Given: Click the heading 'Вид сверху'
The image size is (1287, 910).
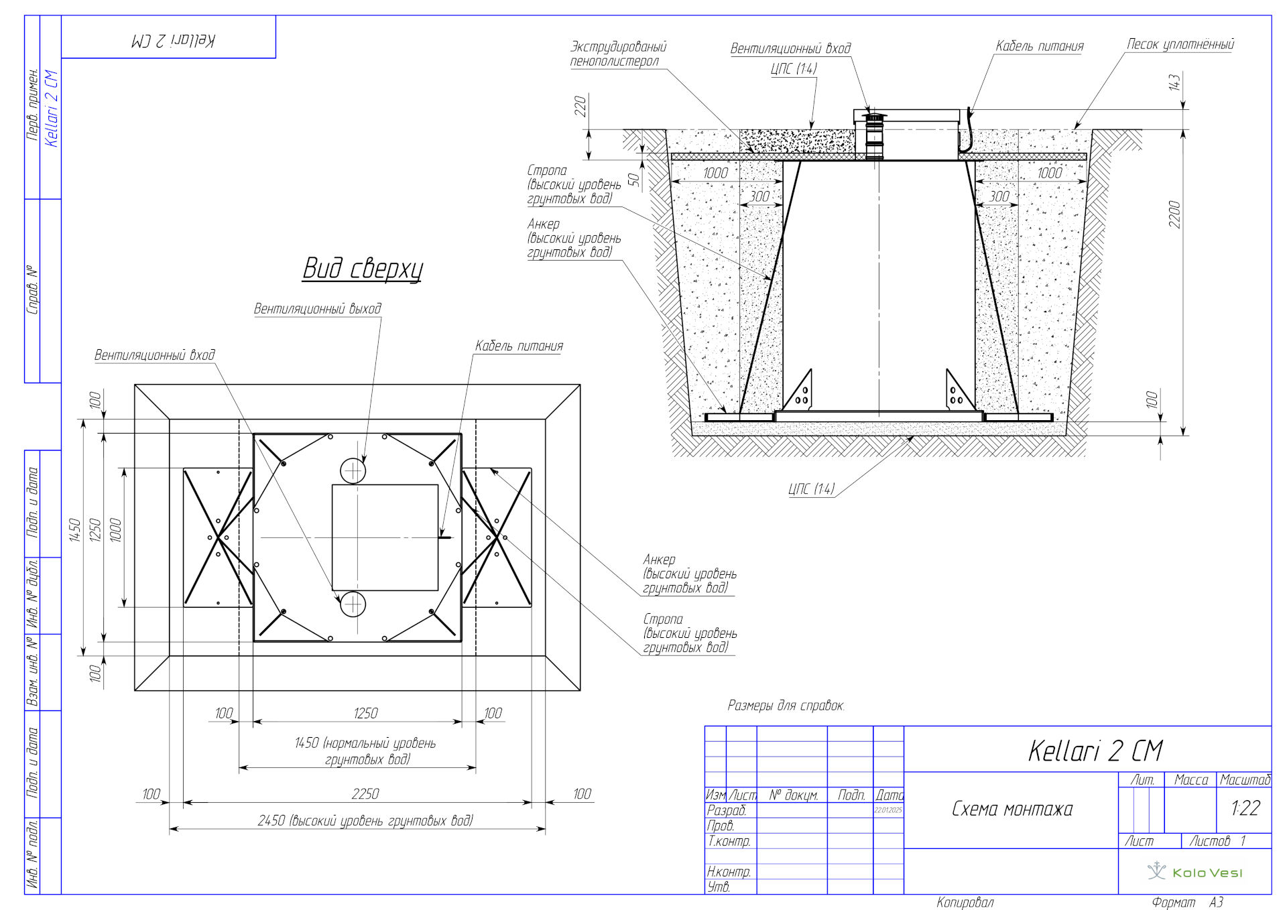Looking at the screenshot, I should (x=363, y=268).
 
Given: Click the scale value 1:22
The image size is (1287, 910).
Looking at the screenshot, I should (x=1245, y=808).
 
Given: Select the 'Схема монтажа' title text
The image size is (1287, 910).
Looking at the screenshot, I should (x=1012, y=809).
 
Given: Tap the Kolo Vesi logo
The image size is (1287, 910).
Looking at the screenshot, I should (x=1195, y=872).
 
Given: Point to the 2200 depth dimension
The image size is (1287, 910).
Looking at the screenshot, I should (x=1174, y=214).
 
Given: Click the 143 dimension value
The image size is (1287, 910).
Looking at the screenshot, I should (x=1174, y=82).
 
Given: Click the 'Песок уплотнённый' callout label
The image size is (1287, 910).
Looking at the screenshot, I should (x=1180, y=44).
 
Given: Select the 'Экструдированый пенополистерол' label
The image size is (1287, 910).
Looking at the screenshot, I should (x=617, y=54).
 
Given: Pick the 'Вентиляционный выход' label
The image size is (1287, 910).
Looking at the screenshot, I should (x=317, y=308).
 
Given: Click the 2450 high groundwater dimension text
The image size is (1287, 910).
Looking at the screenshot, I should (x=365, y=820).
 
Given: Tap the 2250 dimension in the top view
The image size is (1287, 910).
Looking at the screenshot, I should (x=365, y=793).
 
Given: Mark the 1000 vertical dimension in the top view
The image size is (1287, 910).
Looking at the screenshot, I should (x=115, y=530).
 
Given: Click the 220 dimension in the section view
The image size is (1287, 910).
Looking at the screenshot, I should (x=580, y=106).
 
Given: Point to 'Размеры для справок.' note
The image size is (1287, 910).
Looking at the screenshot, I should (x=786, y=706).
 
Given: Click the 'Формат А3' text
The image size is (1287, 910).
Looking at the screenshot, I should (x=1187, y=903).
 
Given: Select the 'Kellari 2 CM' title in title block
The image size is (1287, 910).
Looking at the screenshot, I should (x=1095, y=751).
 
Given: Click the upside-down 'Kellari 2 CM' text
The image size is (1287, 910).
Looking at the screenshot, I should (x=173, y=40).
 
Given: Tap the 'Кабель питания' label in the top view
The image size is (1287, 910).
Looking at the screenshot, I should (x=519, y=346).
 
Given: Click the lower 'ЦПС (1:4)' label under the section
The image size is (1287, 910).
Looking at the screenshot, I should (x=812, y=489).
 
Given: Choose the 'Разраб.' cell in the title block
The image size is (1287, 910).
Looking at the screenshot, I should (x=727, y=810).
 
